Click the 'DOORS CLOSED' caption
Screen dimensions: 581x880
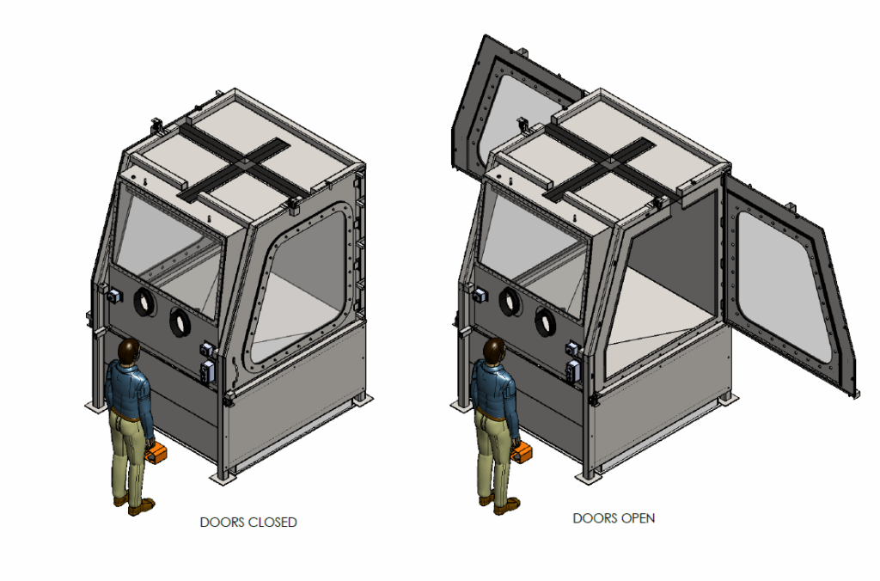pos(248,522)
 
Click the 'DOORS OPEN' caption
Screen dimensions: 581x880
pos(614,518)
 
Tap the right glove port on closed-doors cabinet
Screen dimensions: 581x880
pos(180,322)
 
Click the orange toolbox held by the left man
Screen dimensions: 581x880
pos(155,453)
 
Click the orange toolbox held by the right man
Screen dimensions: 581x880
pos(522,453)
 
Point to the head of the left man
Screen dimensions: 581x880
pos(129,350)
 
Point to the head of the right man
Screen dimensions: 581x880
pos(494,350)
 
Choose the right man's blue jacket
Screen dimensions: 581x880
pos(496,387)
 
